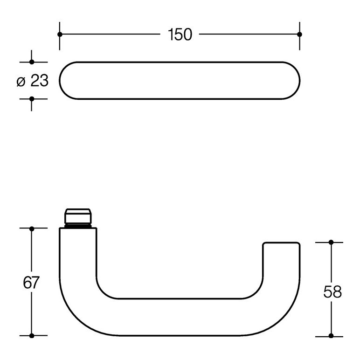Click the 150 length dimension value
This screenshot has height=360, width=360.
[180, 35]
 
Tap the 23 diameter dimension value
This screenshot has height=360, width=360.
[39, 81]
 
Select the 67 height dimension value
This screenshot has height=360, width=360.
[31, 282]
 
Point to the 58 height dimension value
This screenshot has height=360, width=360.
[332, 292]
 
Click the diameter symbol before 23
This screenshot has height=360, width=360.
[21, 82]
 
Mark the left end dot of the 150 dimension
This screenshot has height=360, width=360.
[60, 35]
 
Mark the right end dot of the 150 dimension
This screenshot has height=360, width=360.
[299, 35]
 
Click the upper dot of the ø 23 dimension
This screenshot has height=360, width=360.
[32, 62]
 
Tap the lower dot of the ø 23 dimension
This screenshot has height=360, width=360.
[32, 99]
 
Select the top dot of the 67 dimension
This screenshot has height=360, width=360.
[32, 229]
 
